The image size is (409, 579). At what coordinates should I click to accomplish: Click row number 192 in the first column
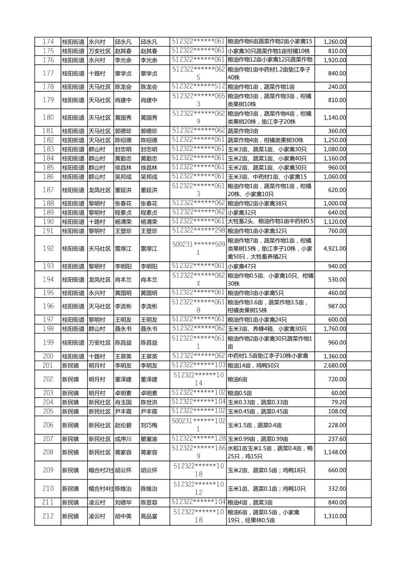(x=48, y=248)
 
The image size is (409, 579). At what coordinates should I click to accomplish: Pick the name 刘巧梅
(x=149, y=425)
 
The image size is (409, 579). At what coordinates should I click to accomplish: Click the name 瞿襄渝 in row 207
(x=149, y=439)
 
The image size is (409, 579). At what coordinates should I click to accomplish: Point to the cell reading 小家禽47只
(x=242, y=266)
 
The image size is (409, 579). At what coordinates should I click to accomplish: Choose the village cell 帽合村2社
(x=101, y=470)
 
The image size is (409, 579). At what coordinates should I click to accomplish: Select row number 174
(x=48, y=42)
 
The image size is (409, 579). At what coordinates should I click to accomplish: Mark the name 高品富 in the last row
(x=149, y=516)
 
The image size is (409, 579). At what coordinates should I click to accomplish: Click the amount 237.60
(x=337, y=439)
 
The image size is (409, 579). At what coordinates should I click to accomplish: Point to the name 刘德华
(x=123, y=502)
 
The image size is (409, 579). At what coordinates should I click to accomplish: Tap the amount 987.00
(x=337, y=306)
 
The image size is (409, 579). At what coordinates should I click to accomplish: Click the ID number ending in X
(x=198, y=279)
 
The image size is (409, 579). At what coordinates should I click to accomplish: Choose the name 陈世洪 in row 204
(x=149, y=402)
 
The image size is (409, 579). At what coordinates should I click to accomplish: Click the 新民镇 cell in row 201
(x=70, y=365)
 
